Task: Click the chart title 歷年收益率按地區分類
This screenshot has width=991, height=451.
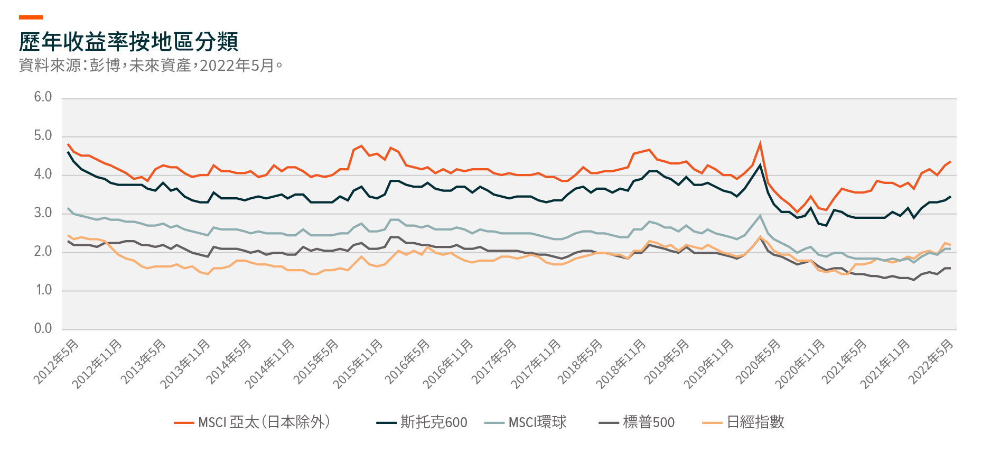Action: tap(128, 42)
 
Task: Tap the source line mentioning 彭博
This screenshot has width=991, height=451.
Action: tap(151, 66)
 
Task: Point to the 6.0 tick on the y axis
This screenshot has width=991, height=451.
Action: tap(43, 97)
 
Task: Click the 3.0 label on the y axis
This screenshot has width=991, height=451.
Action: tap(43, 213)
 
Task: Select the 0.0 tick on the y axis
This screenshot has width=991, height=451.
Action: tap(43, 328)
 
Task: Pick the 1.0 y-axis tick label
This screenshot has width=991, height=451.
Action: tap(43, 290)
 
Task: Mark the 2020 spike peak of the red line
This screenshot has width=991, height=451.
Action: tap(760, 143)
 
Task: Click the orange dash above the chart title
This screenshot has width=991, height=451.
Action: tap(31, 17)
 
